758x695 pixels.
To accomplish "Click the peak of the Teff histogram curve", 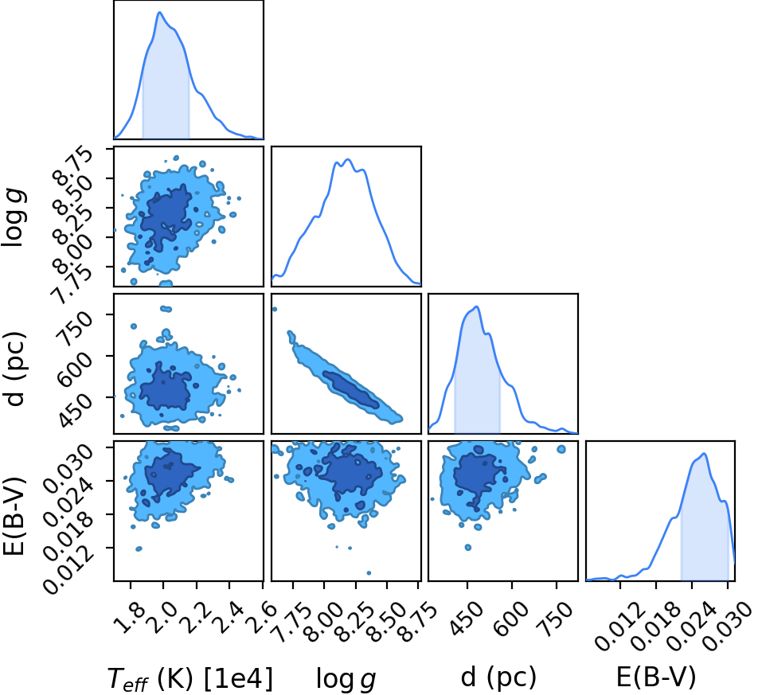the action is click(x=159, y=12).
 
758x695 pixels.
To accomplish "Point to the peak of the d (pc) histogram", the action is click(x=477, y=307).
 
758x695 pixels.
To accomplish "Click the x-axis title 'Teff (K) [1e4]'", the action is click(x=190, y=678).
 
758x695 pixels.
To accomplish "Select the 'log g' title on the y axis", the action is click(x=14, y=218).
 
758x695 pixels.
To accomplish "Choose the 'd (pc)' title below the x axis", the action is click(x=498, y=677).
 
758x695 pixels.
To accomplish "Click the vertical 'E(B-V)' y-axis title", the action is click(x=14, y=515).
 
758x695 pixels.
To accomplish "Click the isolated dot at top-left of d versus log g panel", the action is click(x=275, y=310).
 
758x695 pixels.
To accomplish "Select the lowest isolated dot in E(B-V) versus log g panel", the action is click(x=369, y=572).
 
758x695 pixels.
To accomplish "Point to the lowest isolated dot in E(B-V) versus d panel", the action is click(x=468, y=547).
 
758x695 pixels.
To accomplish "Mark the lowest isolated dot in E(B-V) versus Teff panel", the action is click(x=139, y=549).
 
